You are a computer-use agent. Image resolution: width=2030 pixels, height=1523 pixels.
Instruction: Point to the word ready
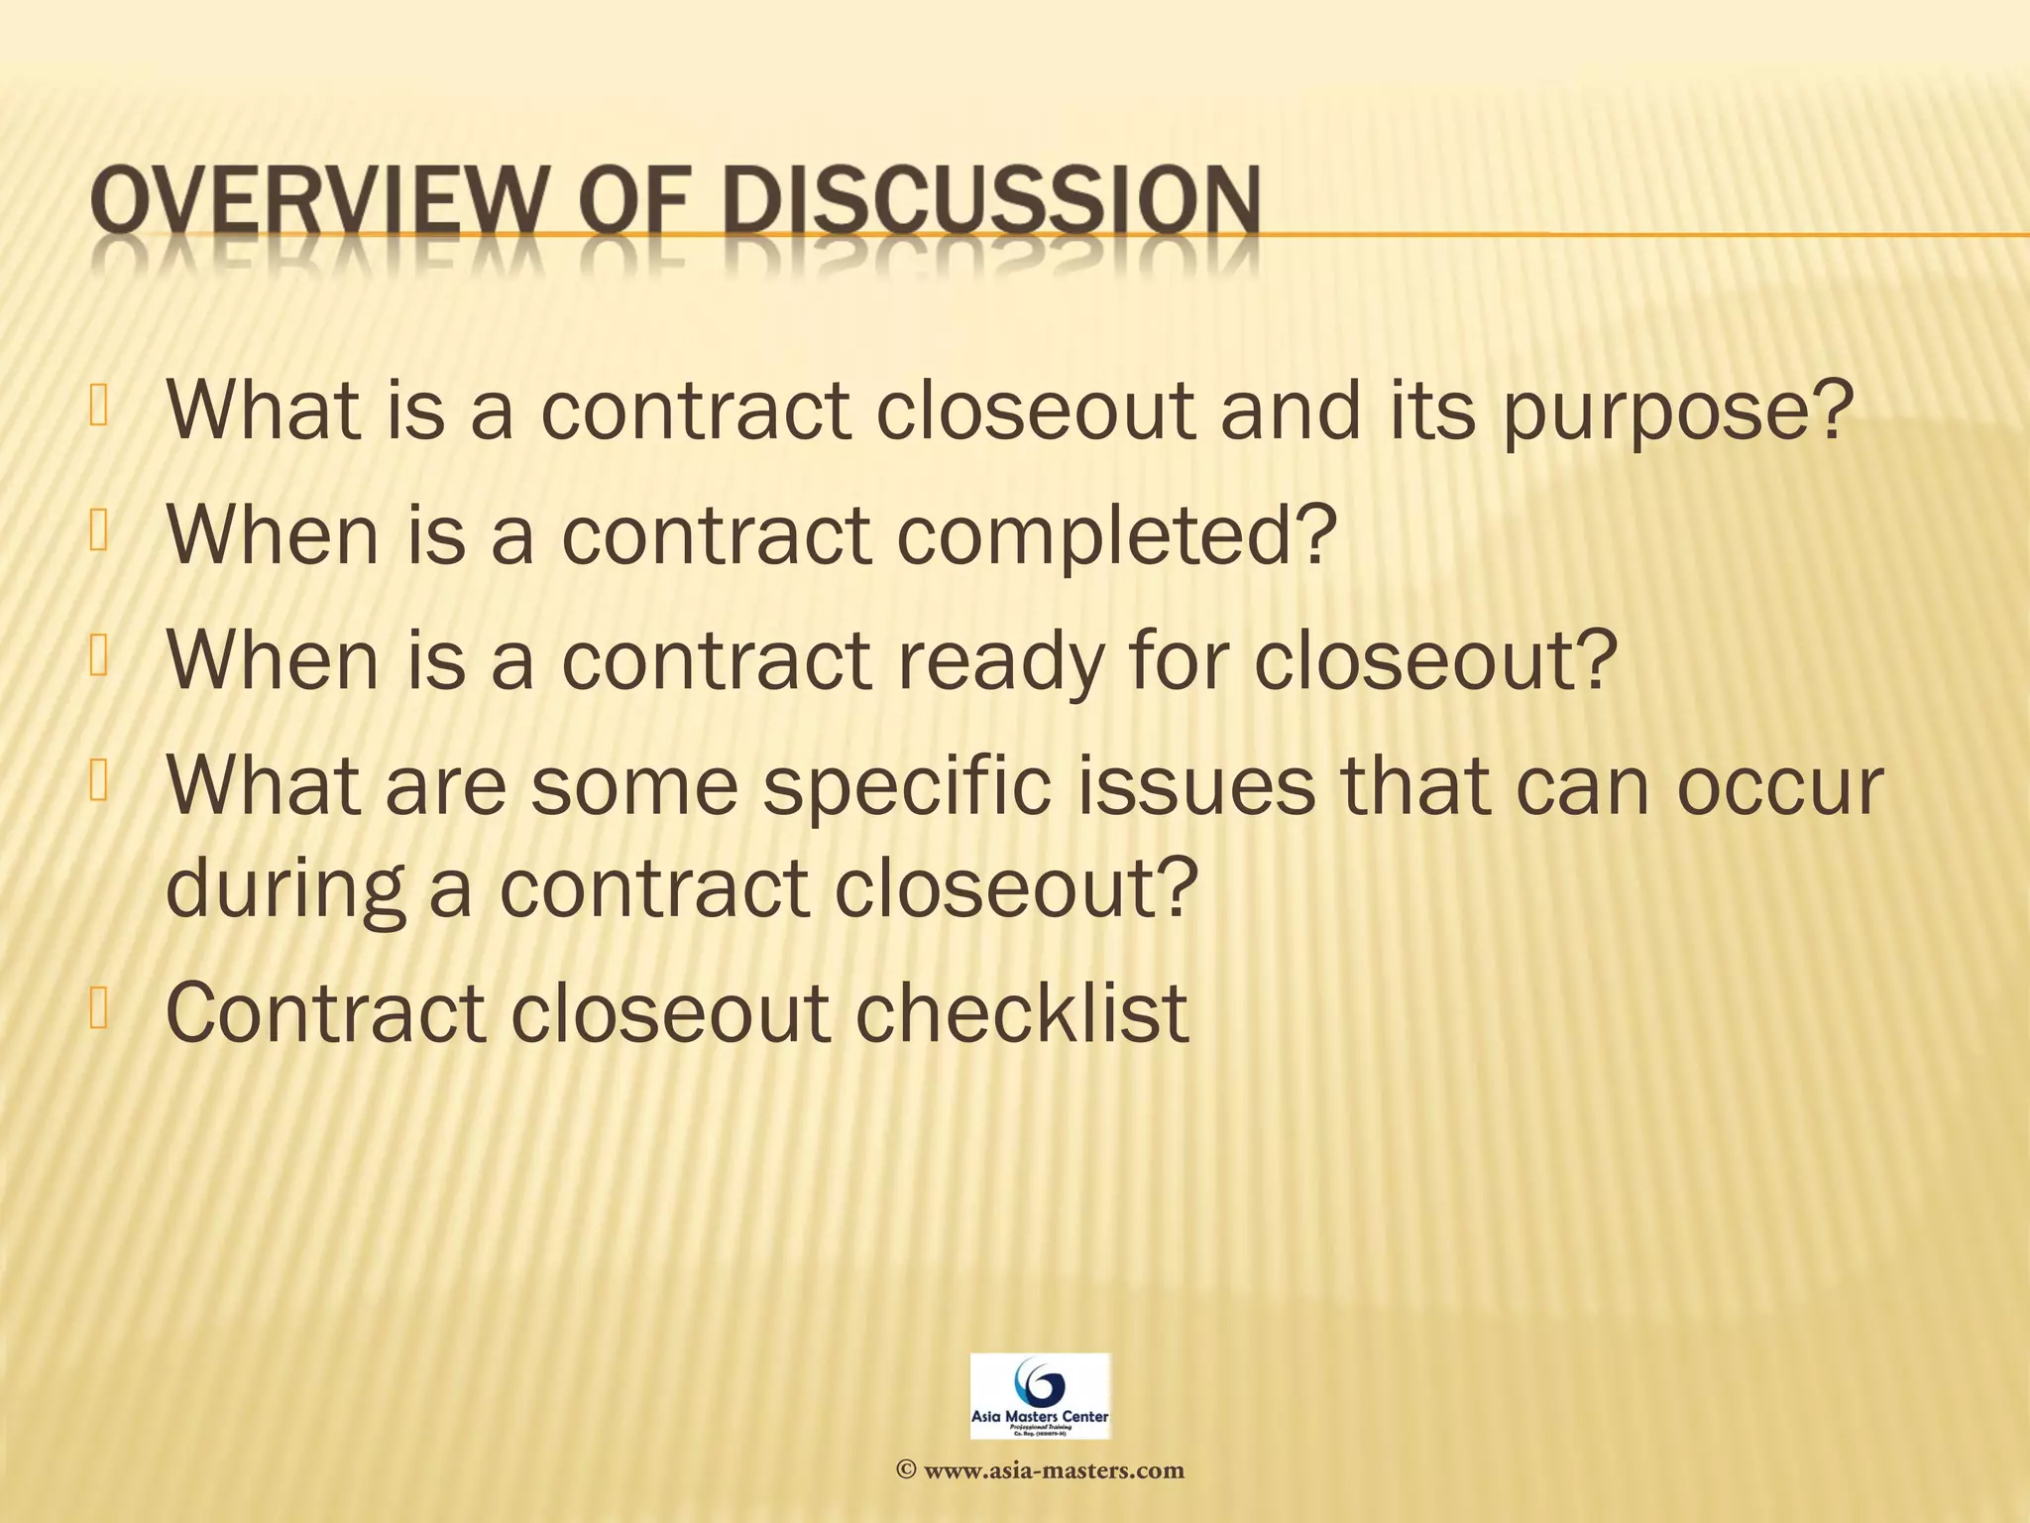click(x=1002, y=661)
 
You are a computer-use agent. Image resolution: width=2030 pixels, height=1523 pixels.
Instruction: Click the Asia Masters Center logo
click(x=1040, y=1397)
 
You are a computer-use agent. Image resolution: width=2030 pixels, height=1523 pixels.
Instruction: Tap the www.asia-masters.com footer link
click(x=1053, y=1470)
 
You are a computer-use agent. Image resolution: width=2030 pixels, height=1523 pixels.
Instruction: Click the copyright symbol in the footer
click(x=905, y=1470)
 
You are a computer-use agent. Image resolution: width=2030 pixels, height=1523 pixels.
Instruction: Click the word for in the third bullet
click(x=1184, y=661)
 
